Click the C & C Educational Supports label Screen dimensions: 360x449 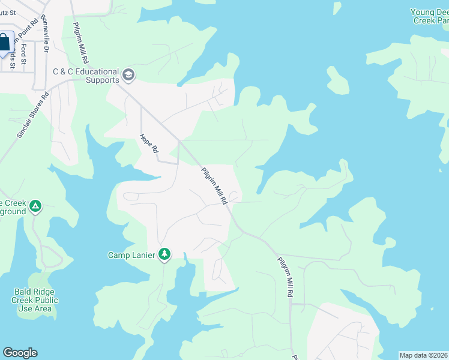pyautogui.click(x=86, y=76)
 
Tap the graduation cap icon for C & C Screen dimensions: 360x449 pyautogui.click(x=128, y=75)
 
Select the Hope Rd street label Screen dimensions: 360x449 pyautogui.click(x=148, y=144)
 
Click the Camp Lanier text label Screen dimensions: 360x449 pyautogui.click(x=132, y=255)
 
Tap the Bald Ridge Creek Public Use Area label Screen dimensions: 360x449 pyautogui.click(x=36, y=300)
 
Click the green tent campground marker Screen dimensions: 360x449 pyautogui.click(x=35, y=206)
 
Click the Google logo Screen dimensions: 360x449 pyautogui.click(x=20, y=353)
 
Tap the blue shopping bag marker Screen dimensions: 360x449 pyautogui.click(x=4, y=43)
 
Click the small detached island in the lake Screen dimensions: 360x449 pyautogui.click(x=337, y=80)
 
